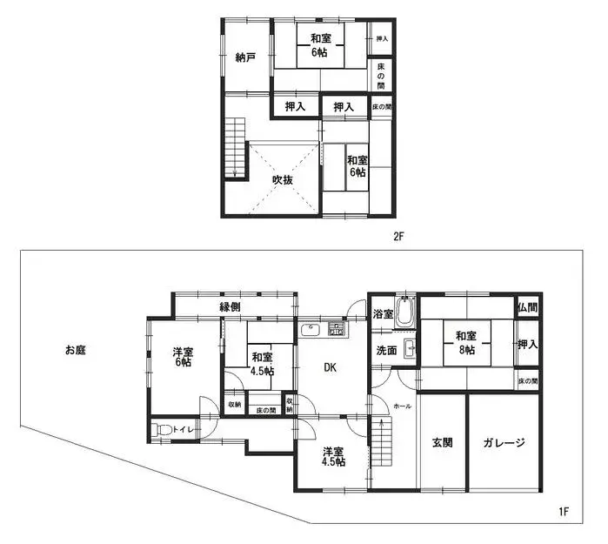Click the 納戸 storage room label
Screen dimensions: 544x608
[245, 57]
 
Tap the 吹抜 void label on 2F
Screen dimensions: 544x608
[282, 179]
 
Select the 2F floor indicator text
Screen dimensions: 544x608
[399, 236]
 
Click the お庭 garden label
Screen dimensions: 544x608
[77, 351]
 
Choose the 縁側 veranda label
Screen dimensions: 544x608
[230, 306]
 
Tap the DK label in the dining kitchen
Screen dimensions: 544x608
[331, 367]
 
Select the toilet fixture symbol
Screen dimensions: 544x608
[162, 430]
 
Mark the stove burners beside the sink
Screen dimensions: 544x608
[337, 329]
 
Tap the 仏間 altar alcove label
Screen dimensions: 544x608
[526, 307]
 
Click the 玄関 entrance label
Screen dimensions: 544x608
[442, 442]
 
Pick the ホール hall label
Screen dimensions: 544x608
[402, 406]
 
